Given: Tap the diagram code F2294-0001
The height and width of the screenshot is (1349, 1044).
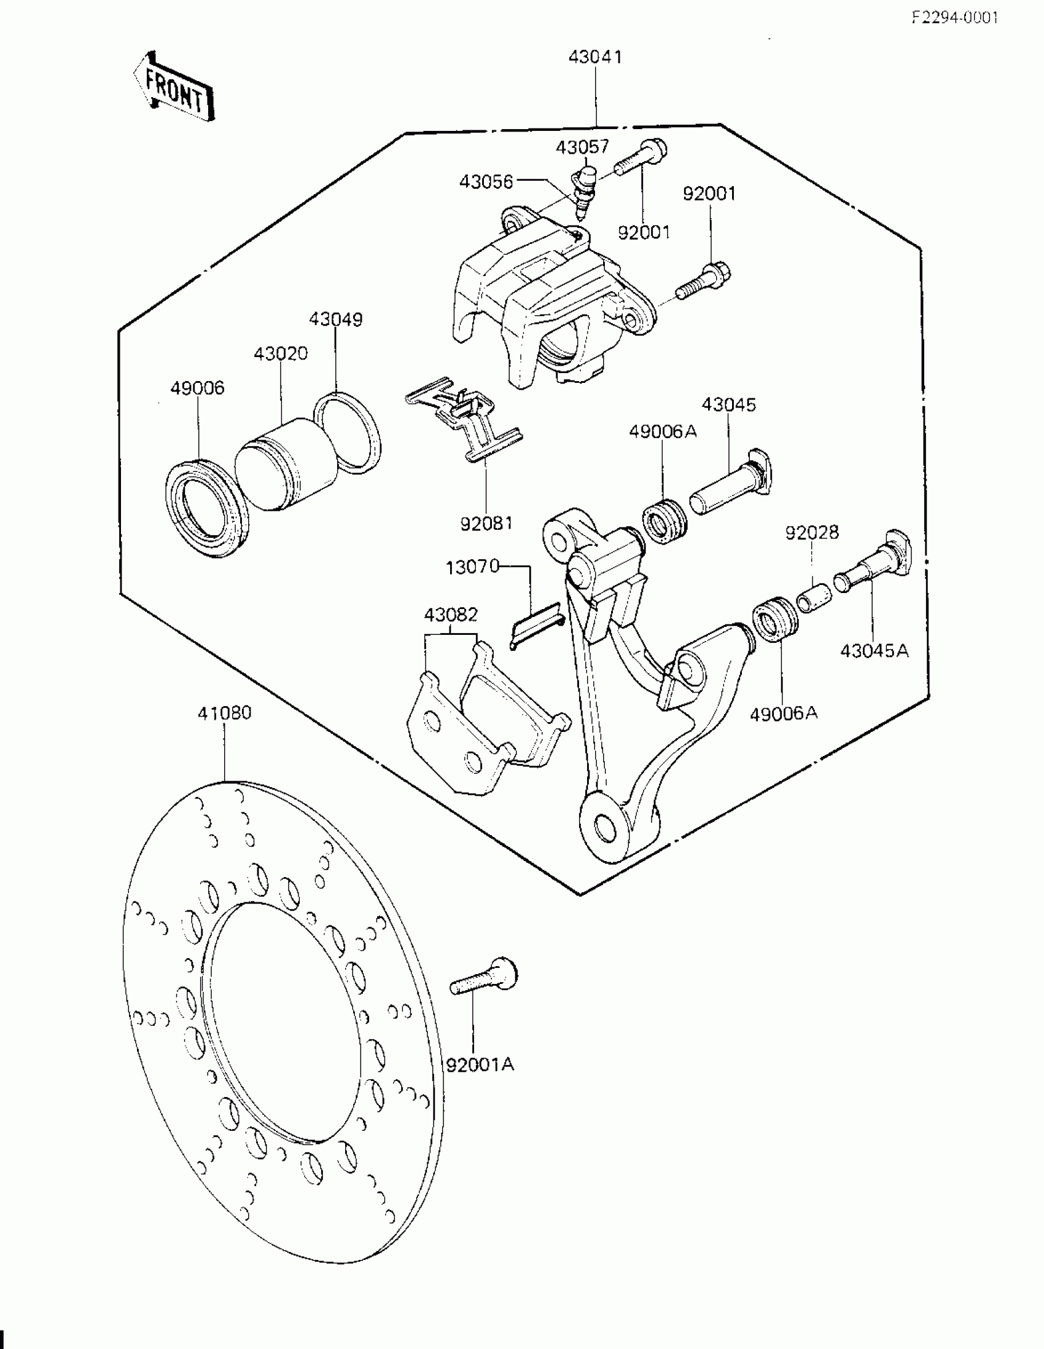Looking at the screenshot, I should coord(954,17).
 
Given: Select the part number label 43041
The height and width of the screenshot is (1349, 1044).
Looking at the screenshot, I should coord(595,57).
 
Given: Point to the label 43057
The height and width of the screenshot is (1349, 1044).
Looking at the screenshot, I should coord(582,147).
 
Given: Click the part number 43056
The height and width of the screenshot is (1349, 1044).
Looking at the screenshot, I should coord(486,181).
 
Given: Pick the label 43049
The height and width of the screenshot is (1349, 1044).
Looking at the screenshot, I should coord(336,320).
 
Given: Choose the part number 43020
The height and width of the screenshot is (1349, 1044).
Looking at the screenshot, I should coord(280,354).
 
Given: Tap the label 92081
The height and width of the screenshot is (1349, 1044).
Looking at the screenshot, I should coord(486,523).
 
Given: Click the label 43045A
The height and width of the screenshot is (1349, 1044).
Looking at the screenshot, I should coord(875,650).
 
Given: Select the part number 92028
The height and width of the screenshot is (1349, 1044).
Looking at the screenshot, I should coord(812,532).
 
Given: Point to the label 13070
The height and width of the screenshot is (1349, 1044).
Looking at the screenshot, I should coord(472,567).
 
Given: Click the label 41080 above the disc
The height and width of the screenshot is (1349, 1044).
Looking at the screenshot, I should coord(224,713).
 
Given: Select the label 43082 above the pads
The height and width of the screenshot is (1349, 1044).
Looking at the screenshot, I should coord(451,615).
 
